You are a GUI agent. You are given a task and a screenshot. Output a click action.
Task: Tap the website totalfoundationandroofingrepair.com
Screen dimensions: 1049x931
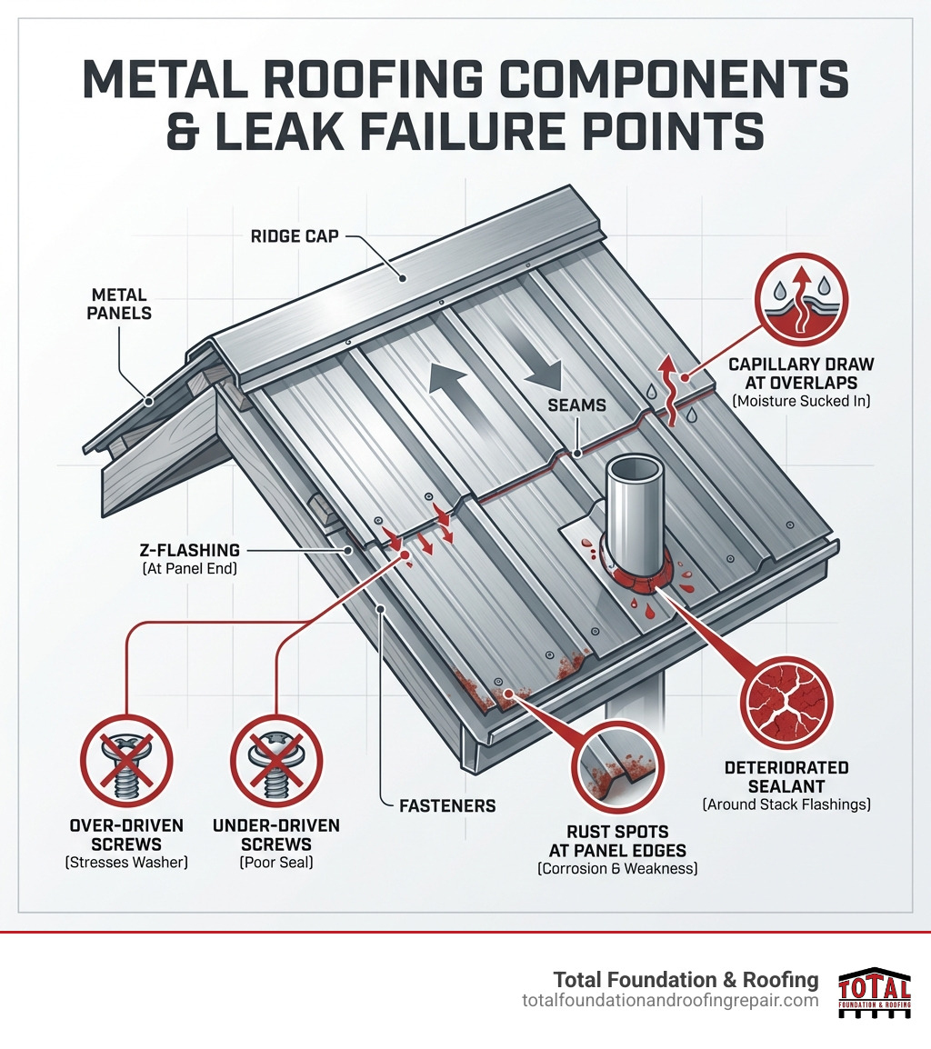(670, 1001)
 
